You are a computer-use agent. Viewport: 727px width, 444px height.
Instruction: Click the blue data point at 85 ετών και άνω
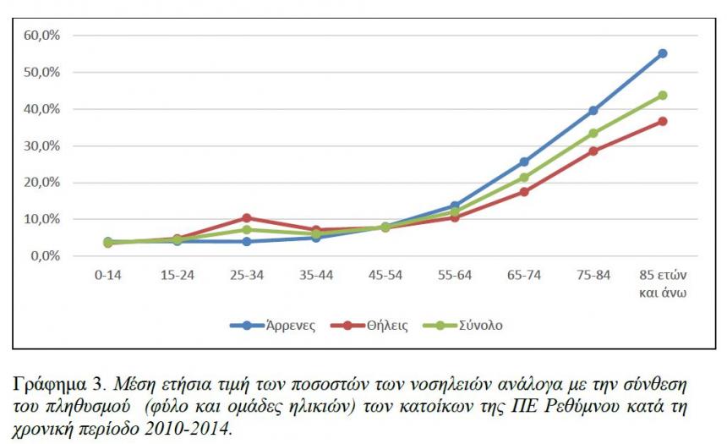point(663,53)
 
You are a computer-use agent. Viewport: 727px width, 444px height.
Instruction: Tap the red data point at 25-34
point(247,218)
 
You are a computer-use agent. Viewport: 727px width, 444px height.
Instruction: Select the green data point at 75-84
point(593,133)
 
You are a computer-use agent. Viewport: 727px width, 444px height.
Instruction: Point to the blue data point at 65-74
point(524,162)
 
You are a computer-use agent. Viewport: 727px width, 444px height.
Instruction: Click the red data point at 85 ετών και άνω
point(663,121)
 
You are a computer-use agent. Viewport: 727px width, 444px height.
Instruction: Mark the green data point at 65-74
point(524,178)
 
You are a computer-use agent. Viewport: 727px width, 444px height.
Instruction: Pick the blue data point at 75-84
point(593,111)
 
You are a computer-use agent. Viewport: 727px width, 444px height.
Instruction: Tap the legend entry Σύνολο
point(479,325)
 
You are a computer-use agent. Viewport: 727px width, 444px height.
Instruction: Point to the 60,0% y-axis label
point(41,36)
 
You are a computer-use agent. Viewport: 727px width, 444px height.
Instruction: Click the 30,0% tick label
point(41,145)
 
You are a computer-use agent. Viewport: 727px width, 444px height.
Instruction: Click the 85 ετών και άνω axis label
point(663,285)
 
